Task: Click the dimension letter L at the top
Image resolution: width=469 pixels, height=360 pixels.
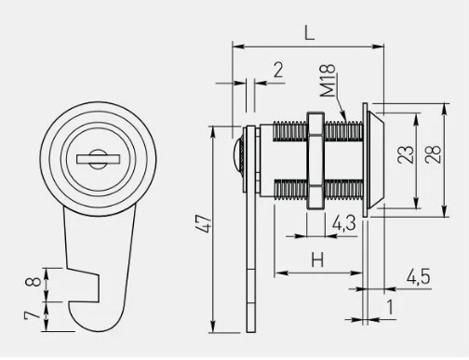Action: pyautogui.click(x=309, y=33)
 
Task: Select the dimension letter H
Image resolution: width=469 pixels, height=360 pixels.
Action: pyautogui.click(x=317, y=260)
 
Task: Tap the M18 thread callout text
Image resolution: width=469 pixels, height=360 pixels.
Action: pyautogui.click(x=328, y=81)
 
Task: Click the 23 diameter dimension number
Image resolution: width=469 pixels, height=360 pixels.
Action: pyautogui.click(x=406, y=154)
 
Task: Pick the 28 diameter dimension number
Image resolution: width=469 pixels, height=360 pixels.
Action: pyautogui.click(x=433, y=154)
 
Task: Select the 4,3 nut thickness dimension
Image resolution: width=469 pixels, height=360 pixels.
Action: pyautogui.click(x=344, y=223)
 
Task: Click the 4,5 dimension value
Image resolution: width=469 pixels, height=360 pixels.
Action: pyautogui.click(x=419, y=276)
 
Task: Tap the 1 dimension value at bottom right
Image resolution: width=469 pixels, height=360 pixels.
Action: pyautogui.click(x=390, y=307)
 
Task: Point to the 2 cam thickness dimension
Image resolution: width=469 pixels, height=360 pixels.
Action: pyautogui.click(x=278, y=70)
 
